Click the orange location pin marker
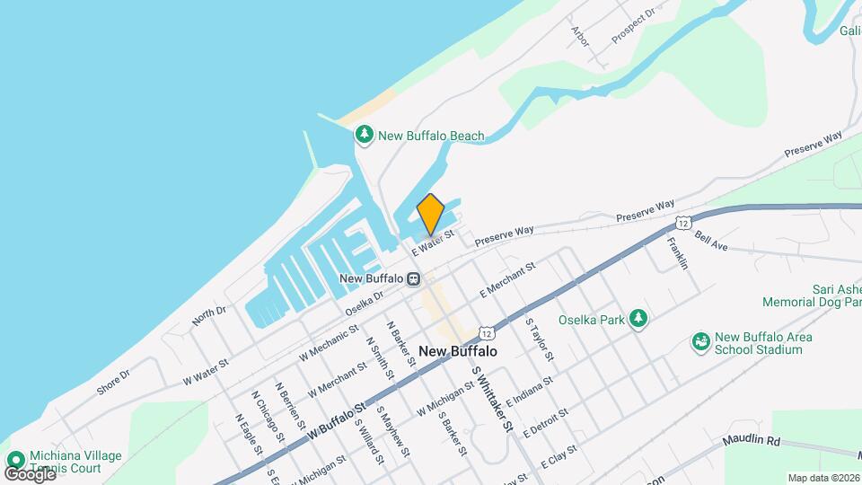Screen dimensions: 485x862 (431, 213)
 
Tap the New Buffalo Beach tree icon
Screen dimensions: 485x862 (364, 136)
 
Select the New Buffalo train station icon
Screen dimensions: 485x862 (413, 278)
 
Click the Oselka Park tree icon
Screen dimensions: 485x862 (638, 318)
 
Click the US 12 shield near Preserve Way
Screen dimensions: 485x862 (684, 222)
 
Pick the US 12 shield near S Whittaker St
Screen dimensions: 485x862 (485, 331)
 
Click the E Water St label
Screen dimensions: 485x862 (434, 240)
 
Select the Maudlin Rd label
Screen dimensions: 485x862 (750, 442)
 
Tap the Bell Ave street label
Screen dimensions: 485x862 (711, 240)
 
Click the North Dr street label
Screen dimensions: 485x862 (208, 314)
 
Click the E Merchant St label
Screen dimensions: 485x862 (507, 279)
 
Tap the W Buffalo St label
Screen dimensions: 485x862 (339, 421)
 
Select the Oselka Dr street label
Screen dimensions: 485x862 (365, 301)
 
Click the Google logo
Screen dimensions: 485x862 (30, 473)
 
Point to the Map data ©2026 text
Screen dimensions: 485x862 (823, 477)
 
